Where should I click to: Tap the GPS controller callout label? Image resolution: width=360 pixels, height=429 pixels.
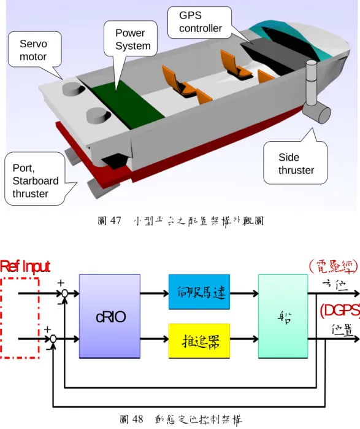tap(200, 22)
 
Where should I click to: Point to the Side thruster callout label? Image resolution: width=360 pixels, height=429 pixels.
tap(296, 163)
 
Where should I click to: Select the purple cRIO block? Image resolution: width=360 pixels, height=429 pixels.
tap(110, 316)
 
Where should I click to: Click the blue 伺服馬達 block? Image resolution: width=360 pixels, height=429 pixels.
tap(199, 292)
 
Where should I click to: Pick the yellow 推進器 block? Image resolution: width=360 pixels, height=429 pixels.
tap(199, 341)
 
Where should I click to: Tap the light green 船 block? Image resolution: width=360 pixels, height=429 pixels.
tap(283, 316)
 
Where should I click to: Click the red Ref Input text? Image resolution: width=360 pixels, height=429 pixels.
tap(25, 266)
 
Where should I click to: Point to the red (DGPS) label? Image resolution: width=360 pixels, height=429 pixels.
tap(340, 311)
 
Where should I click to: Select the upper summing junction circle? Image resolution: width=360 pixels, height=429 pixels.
tap(64, 293)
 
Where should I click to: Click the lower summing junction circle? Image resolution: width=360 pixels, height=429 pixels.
tap(53, 339)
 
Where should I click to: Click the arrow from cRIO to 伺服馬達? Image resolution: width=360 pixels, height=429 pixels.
tap(155, 293)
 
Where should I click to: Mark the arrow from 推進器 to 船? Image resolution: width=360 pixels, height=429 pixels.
tap(244, 339)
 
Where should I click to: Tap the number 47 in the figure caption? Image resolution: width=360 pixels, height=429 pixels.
tap(115, 220)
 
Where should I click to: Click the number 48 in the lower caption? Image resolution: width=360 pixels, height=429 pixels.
tap(137, 419)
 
